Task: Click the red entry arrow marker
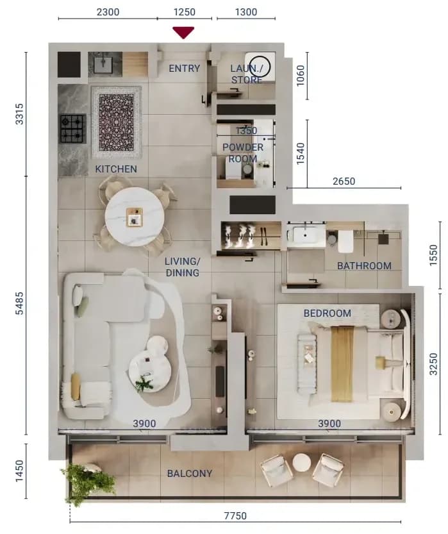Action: [183, 32]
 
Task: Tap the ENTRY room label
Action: [184, 69]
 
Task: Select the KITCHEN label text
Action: [116, 169]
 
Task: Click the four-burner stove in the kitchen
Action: [72, 129]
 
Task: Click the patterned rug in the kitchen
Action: [117, 122]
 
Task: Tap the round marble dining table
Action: [135, 217]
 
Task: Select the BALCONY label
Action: [190, 473]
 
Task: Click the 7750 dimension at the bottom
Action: [235, 515]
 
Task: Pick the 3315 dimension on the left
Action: [20, 113]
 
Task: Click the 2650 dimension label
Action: [344, 181]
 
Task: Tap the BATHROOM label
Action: [364, 265]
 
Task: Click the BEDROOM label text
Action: [327, 313]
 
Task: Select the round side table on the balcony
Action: [302, 463]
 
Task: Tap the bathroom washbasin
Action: [305, 235]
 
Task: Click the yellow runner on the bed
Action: [342, 363]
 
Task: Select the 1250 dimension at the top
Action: [184, 12]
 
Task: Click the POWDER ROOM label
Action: [243, 153]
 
